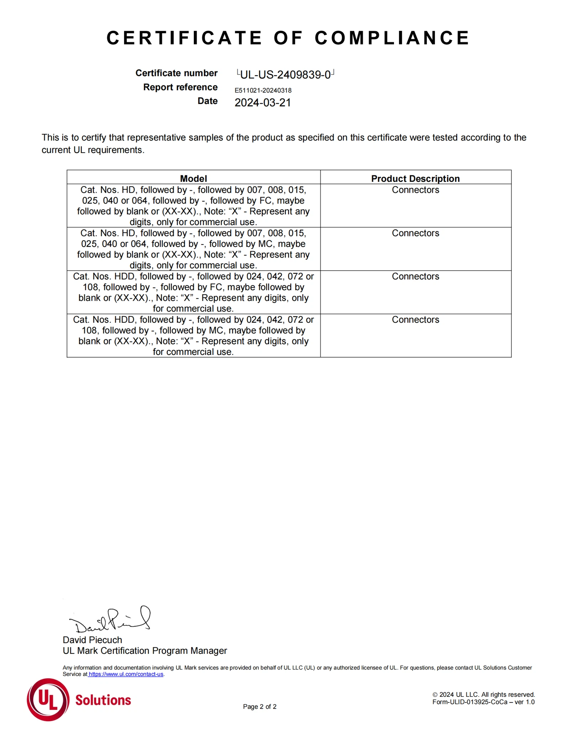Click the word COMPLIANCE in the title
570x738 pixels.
tap(392, 38)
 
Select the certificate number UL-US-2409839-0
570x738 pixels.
tap(285, 74)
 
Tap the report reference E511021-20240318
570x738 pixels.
tap(263, 91)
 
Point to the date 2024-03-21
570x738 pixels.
tap(263, 103)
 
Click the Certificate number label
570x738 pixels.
tap(176, 73)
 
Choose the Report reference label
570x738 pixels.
tap(180, 87)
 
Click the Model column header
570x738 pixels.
tap(193, 178)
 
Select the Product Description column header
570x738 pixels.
tap(415, 178)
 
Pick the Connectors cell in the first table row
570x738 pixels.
tap(415, 190)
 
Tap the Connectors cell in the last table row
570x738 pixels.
tap(415, 320)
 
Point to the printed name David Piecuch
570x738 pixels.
tap(92, 640)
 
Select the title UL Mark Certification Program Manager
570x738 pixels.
tap(145, 651)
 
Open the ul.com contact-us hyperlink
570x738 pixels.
tap(126, 674)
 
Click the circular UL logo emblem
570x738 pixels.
tap(48, 700)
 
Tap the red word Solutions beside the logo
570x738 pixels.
tap(103, 700)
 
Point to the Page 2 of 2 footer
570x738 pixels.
tap(260, 707)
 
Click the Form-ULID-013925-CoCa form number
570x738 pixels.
tap(483, 702)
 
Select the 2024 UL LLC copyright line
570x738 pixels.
tap(483, 695)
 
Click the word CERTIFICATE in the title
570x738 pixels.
tap(184, 38)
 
